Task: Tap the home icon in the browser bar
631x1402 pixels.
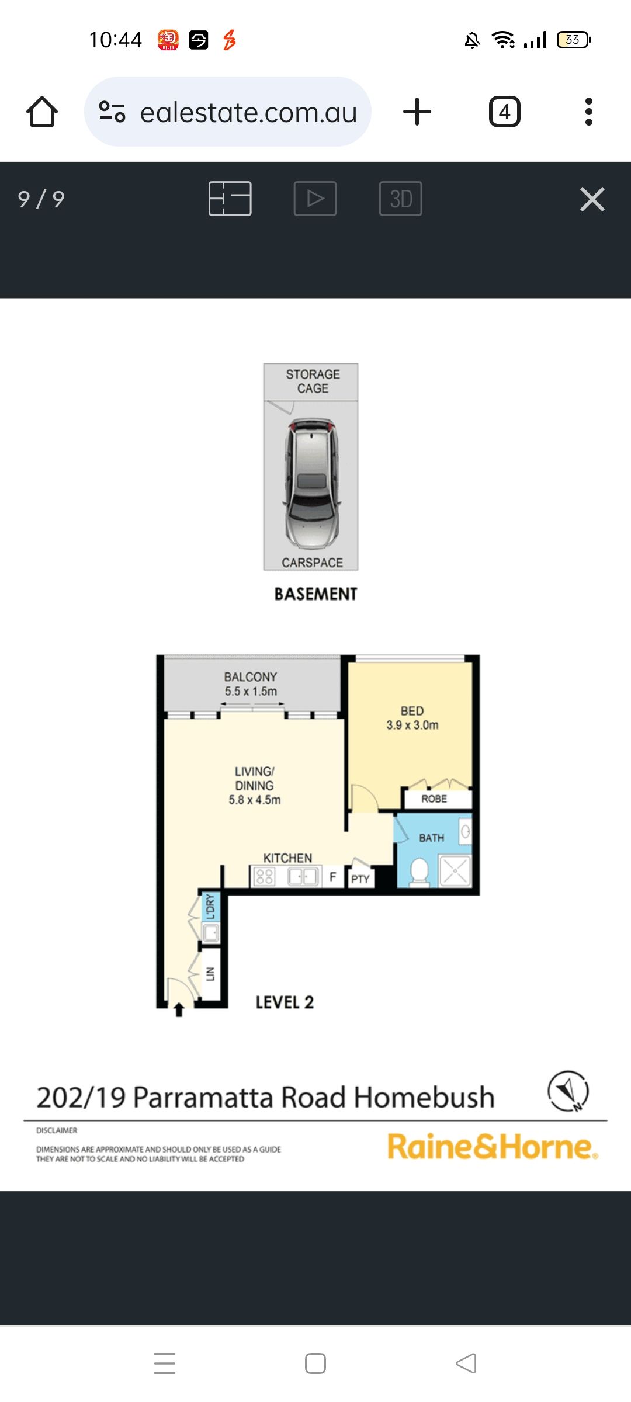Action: [42, 112]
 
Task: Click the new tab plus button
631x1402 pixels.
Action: [417, 112]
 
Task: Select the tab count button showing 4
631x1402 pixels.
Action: [505, 112]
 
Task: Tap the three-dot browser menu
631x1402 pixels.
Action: [589, 112]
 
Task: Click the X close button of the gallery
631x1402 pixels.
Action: [592, 199]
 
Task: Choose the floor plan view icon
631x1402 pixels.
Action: [230, 199]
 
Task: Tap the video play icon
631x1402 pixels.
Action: [315, 199]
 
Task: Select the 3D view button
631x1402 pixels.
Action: [401, 199]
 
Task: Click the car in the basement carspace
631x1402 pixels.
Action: [312, 484]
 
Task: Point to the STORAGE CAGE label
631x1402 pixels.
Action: [313, 381]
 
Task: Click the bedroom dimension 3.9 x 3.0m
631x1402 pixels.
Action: [412, 725]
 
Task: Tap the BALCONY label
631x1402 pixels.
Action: [250, 677]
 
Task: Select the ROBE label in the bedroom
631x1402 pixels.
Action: [434, 799]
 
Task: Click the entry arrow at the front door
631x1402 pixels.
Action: [179, 1010]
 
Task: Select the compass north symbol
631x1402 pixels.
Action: [568, 1091]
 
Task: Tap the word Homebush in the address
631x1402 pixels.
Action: [424, 1097]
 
